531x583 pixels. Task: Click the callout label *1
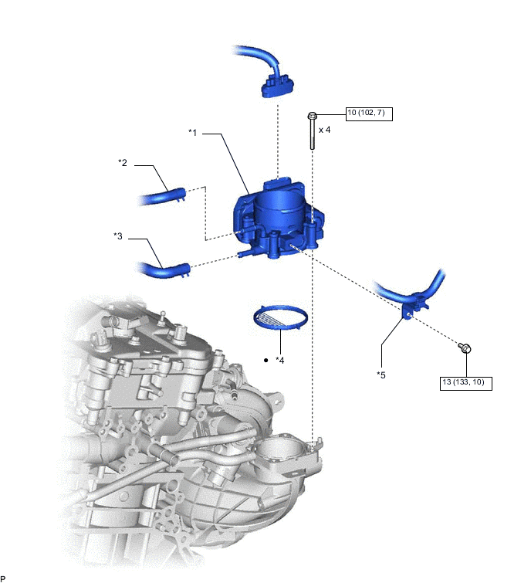(193, 133)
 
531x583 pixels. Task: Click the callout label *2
(122, 163)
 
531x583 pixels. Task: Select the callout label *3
(118, 236)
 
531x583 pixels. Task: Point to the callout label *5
(380, 375)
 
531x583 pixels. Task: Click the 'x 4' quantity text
(324, 130)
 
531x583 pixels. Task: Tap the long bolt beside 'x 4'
(311, 131)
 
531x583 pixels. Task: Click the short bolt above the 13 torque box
(465, 348)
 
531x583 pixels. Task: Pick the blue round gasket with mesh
(281, 317)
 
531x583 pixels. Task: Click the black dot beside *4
(265, 361)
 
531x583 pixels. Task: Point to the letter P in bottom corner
(3, 578)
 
